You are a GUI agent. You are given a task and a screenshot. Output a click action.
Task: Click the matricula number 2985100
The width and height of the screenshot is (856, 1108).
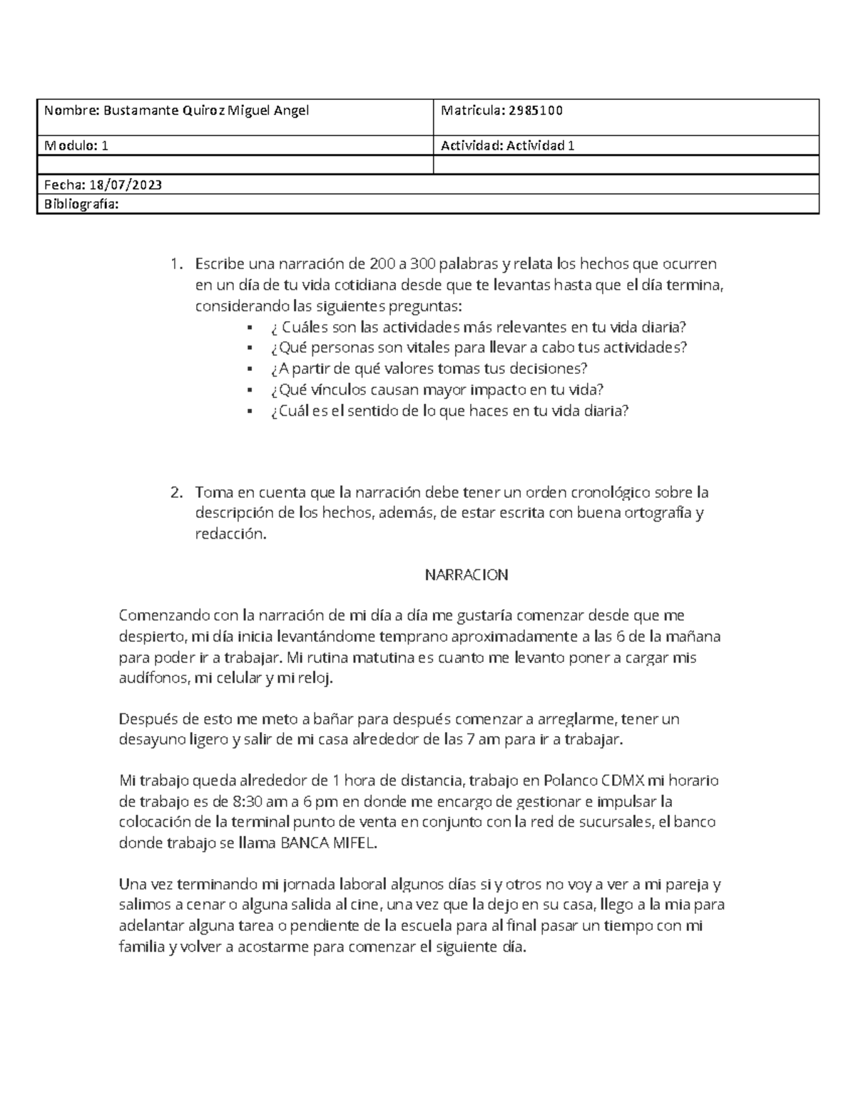pos(535,110)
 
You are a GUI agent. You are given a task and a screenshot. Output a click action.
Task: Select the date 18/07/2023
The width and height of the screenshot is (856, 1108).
pos(125,185)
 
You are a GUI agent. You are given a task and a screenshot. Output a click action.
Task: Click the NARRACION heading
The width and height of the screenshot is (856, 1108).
pos(467,575)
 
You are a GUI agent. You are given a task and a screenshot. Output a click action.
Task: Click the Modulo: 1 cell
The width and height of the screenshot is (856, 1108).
pos(76,146)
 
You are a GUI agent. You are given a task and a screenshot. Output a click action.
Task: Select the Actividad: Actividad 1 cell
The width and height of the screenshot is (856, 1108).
pos(508,146)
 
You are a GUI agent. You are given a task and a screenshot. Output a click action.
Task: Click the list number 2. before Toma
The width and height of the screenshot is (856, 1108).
pos(176,492)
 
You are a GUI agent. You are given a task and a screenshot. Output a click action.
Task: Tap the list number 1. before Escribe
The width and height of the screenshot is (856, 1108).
pos(176,264)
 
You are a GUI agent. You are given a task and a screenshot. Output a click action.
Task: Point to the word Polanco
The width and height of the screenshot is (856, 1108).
pos(571,780)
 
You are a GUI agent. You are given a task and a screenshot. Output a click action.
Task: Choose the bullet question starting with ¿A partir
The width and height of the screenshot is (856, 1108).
pos(429,369)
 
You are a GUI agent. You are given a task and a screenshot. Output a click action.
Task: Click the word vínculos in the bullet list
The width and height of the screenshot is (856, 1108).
pos(335,390)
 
